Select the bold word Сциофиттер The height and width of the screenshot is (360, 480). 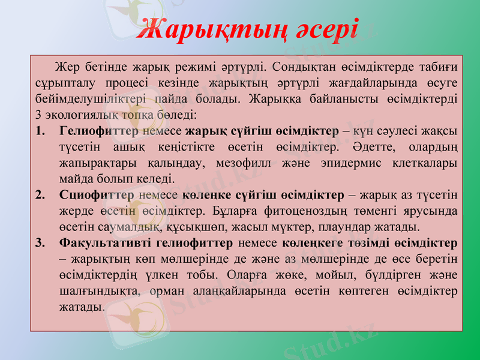(x=97, y=195)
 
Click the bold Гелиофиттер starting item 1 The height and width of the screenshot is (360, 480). (x=99, y=131)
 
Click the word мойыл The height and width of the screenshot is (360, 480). (x=338, y=275)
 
